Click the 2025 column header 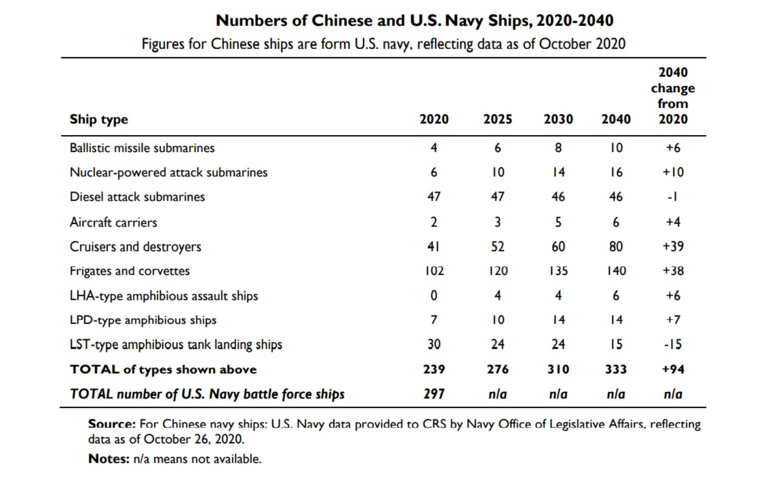pyautogui.click(x=497, y=119)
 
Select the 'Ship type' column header pyautogui.click(x=99, y=119)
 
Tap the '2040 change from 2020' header pyautogui.click(x=673, y=95)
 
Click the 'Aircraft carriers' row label pyautogui.click(x=113, y=222)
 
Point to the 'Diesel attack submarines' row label pyautogui.click(x=137, y=197)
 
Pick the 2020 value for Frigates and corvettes pyautogui.click(x=434, y=271)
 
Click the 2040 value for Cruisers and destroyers pyautogui.click(x=616, y=247)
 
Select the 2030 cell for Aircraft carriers pyautogui.click(x=558, y=222)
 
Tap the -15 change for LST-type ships pyautogui.click(x=673, y=345)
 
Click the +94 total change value pyautogui.click(x=673, y=369)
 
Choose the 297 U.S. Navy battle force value pyautogui.click(x=434, y=394)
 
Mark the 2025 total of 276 pyautogui.click(x=497, y=369)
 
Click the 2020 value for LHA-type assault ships pyautogui.click(x=434, y=296)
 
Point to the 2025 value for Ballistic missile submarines pyautogui.click(x=497, y=148)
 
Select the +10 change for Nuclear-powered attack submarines pyautogui.click(x=673, y=172)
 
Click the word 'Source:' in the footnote pyautogui.click(x=112, y=424)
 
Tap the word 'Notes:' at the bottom pyautogui.click(x=109, y=459)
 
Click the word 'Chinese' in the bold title pyautogui.click(x=342, y=20)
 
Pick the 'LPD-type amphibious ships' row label pyautogui.click(x=143, y=320)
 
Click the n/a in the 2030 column pyautogui.click(x=558, y=394)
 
